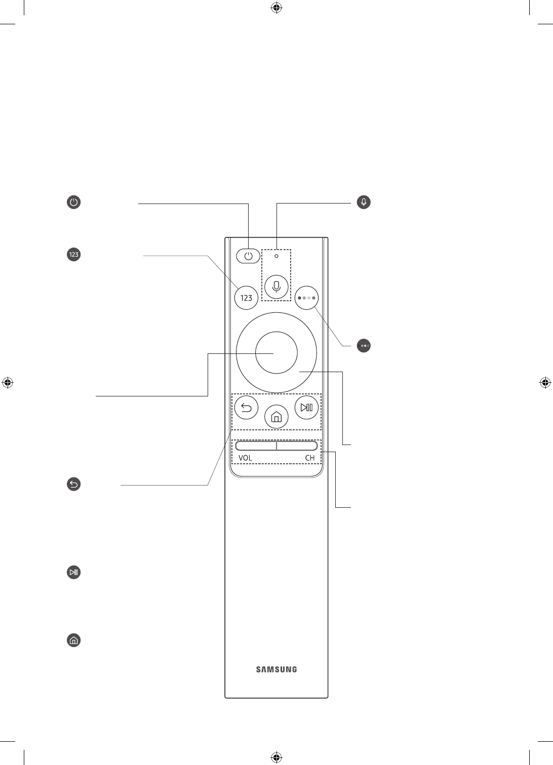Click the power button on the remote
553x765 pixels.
click(248, 256)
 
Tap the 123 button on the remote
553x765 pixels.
click(246, 298)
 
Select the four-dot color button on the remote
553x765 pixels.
click(306, 298)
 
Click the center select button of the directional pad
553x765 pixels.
click(276, 352)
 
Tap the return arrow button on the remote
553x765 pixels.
click(247, 407)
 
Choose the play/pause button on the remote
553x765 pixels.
click(306, 407)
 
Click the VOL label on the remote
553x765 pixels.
click(246, 458)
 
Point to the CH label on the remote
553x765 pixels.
click(309, 458)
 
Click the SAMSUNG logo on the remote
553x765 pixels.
click(276, 669)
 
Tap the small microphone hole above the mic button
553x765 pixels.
click(276, 256)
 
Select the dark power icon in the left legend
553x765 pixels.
click(74, 203)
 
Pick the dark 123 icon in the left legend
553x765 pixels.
click(74, 254)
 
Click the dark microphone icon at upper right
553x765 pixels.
click(364, 202)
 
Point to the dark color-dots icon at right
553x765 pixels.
click(364, 346)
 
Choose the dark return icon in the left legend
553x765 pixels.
click(74, 485)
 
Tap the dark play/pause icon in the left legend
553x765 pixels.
click(74, 573)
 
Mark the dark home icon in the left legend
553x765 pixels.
click(74, 640)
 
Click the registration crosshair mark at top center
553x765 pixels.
click(276, 8)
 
